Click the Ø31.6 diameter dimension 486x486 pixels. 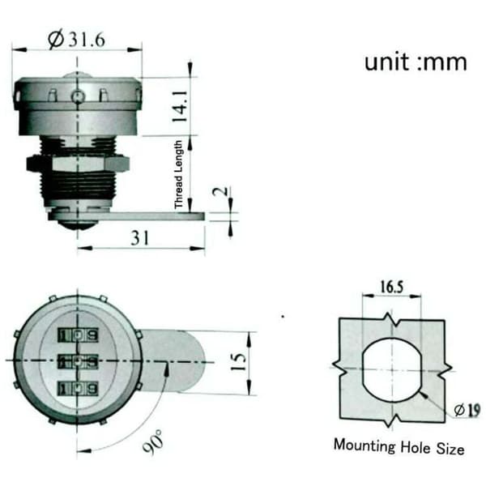(77, 40)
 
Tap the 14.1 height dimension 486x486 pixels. (181, 106)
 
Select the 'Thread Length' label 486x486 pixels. (178, 174)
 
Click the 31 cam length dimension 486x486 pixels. (140, 238)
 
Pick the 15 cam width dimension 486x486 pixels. (238, 361)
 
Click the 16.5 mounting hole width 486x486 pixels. (392, 287)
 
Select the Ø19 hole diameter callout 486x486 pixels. (467, 410)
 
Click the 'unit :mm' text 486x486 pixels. (416, 62)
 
